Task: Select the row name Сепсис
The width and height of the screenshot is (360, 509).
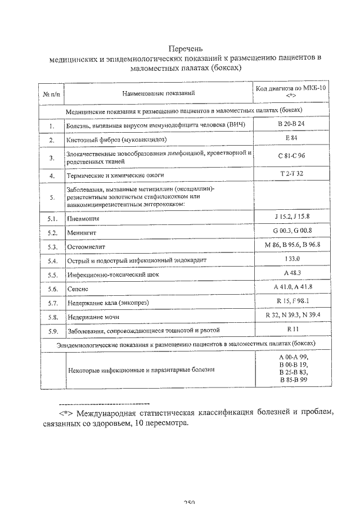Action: click(x=78, y=289)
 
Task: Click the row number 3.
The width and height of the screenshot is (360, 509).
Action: click(x=52, y=158)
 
